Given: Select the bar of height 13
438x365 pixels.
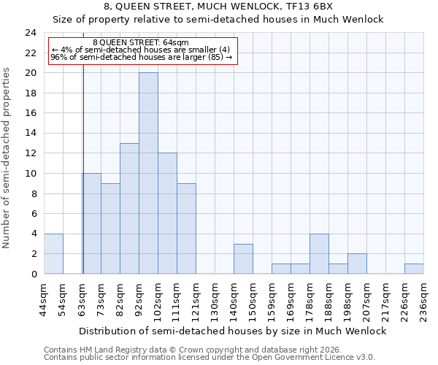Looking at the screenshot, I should click(129, 208).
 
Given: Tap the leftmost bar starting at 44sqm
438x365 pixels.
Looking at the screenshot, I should click(53, 253).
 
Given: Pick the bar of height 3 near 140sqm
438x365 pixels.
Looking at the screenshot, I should click(243, 258).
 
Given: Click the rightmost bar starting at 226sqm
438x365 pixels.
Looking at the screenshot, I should click(414, 269).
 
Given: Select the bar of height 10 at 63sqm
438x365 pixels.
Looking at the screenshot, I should click(91, 223).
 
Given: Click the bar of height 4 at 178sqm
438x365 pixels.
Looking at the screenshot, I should click(319, 253).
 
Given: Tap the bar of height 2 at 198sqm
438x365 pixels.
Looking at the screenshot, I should click(357, 264).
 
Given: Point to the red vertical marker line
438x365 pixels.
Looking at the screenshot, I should click(83, 182).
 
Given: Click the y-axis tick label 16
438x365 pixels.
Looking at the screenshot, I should click(31, 113).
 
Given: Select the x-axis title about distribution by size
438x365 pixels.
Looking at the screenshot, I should click(232, 331).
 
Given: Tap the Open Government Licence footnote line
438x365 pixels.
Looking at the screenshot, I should click(210, 357).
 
